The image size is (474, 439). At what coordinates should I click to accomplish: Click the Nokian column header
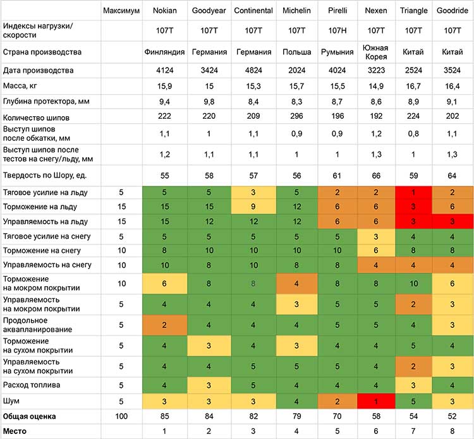(x=164, y=11)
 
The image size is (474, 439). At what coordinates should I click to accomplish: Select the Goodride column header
(x=453, y=11)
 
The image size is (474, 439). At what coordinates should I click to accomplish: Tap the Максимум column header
(x=121, y=11)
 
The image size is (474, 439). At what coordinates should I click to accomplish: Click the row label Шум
(x=11, y=401)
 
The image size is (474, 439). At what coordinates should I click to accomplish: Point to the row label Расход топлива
(x=32, y=385)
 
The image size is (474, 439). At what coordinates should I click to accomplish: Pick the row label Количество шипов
(x=36, y=117)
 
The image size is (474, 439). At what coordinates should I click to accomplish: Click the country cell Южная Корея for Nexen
(x=375, y=52)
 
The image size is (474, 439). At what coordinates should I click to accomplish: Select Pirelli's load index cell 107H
(x=337, y=30)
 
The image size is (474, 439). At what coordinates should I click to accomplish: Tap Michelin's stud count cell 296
(x=296, y=116)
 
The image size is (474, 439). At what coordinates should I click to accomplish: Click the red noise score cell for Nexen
(x=376, y=401)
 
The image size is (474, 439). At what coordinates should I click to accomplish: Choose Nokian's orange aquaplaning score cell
(x=164, y=325)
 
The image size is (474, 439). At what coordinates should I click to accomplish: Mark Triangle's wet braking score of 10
(x=413, y=284)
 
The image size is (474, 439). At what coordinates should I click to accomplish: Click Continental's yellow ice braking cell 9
(x=253, y=207)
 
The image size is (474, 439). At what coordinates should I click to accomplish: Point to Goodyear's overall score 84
(x=209, y=416)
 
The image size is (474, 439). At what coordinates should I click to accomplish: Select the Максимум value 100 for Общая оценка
(x=121, y=416)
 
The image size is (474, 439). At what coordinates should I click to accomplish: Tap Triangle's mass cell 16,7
(x=413, y=86)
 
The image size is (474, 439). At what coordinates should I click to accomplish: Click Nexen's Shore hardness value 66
(x=376, y=176)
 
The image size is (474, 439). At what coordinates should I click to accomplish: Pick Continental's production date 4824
(x=253, y=70)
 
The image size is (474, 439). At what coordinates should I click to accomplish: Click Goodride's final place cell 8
(x=453, y=431)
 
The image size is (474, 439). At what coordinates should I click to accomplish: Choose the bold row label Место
(x=15, y=431)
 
